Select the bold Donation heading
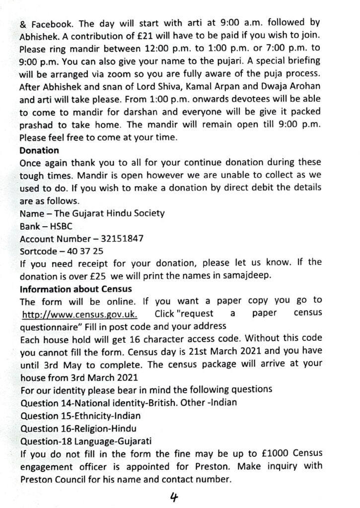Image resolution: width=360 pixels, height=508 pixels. [39, 150]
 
